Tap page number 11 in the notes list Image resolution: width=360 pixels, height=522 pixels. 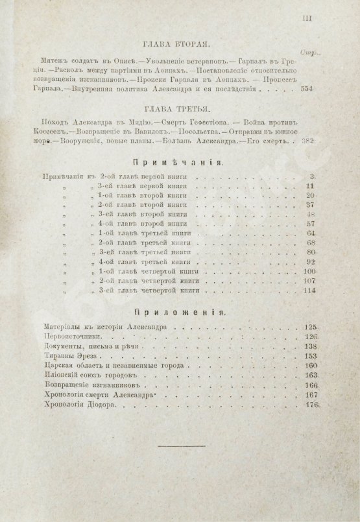311,185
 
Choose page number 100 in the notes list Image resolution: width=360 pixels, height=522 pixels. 308,270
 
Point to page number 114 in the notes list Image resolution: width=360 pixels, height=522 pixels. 308,290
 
